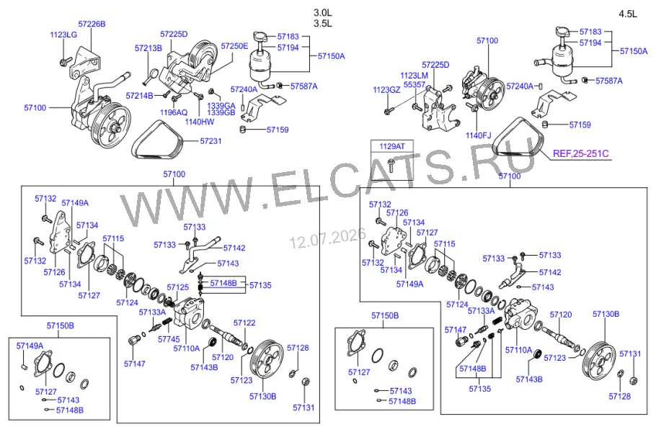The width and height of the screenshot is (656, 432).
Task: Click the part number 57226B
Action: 92,24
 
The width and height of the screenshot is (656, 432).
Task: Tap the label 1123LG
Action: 63,35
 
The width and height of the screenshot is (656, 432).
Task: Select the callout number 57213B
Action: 148,48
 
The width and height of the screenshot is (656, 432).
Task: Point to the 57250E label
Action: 234,46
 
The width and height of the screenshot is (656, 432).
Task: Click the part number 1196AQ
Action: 174,112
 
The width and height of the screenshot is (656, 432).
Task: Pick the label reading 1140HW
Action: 200,122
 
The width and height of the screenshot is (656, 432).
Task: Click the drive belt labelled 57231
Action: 157,140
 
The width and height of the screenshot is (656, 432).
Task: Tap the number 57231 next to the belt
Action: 210,141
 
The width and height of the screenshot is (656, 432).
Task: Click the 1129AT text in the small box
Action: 392,146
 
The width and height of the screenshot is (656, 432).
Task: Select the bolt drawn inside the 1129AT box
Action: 391,165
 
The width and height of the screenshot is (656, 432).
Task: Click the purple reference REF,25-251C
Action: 581,154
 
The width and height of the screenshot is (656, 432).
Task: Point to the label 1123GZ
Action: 386,90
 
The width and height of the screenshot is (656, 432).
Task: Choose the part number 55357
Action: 415,84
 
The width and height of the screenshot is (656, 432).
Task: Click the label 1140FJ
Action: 478,136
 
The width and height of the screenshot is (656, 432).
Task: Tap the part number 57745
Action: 169,339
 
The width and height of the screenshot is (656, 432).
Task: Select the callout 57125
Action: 178,287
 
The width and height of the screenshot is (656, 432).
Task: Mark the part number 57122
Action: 244,323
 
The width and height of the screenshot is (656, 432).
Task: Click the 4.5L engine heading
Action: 628,14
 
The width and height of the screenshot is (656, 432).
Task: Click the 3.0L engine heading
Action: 322,12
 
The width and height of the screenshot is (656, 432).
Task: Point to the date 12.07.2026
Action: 328,238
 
